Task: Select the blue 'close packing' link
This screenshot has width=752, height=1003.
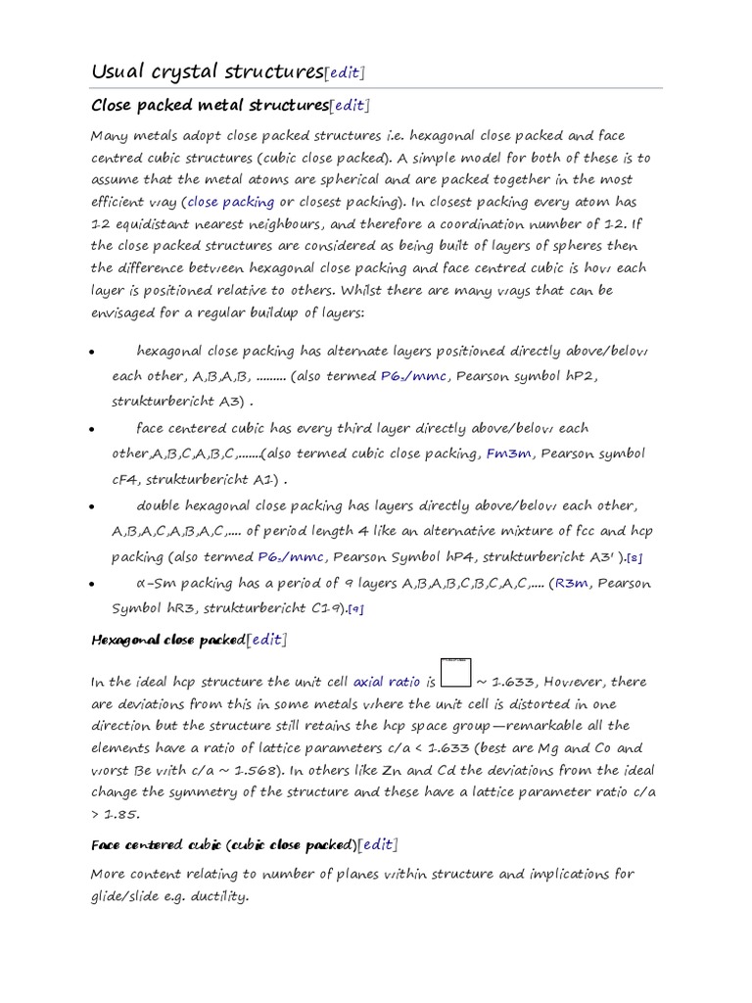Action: click(231, 202)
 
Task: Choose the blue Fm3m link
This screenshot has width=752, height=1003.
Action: click(509, 454)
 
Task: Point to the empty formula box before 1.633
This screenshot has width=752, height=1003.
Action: click(456, 674)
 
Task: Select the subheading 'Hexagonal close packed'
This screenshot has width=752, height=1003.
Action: click(166, 640)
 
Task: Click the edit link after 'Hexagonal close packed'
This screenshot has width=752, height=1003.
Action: click(266, 640)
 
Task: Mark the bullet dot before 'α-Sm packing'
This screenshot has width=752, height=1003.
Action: click(92, 585)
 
